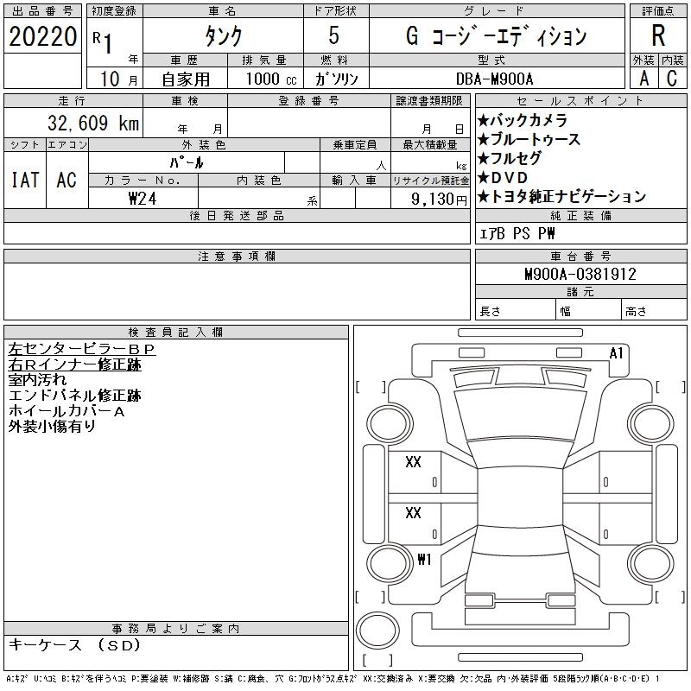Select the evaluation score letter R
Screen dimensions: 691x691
click(x=658, y=36)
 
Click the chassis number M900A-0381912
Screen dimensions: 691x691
click(x=580, y=275)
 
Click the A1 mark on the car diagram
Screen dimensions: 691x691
click(x=617, y=353)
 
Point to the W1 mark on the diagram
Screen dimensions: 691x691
click(x=423, y=559)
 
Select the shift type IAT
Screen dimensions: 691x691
click(x=25, y=180)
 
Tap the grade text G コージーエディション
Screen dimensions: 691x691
click(x=496, y=36)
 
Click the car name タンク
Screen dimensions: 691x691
click(x=221, y=37)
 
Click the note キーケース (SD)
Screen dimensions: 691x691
click(x=73, y=644)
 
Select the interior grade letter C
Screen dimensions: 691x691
click(x=671, y=79)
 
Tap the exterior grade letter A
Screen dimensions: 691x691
click(x=643, y=79)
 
